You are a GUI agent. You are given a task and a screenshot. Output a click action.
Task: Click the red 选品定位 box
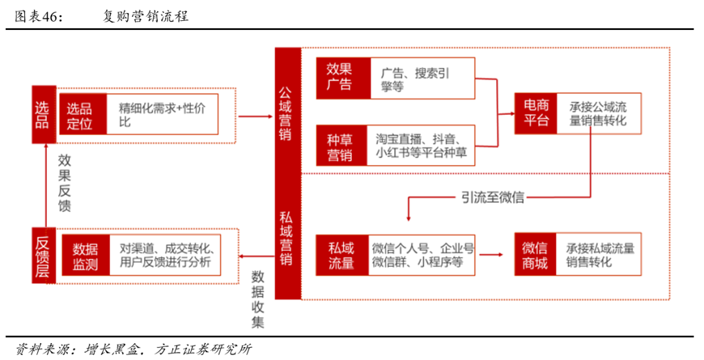point(83,114)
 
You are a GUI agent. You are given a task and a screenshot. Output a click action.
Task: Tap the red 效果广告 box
point(344,78)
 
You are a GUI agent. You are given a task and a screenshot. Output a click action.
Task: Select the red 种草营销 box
point(342,145)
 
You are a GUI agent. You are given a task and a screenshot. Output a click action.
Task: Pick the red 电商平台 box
point(536,113)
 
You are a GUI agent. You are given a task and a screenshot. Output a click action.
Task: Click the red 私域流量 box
point(342,255)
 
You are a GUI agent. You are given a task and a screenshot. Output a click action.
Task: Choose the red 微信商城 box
point(535,254)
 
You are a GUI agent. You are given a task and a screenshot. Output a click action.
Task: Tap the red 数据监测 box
point(86,255)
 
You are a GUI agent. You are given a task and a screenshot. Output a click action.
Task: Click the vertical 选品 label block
point(44,115)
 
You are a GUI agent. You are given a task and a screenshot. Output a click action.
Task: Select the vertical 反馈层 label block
point(44,255)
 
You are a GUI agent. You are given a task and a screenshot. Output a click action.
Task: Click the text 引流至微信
point(493,198)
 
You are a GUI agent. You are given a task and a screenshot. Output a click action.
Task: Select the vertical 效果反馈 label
point(65,183)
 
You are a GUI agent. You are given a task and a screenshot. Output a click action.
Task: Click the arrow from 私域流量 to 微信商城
point(491,255)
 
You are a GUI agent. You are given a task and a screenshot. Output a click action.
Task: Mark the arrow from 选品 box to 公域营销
point(255,116)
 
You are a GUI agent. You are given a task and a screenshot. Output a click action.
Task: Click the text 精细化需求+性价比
point(162,115)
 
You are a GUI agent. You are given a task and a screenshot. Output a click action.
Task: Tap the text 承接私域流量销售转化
point(600,255)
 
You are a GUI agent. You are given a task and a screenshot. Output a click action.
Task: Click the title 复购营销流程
point(145,16)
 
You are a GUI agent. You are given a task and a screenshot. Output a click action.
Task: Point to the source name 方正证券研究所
point(203,349)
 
